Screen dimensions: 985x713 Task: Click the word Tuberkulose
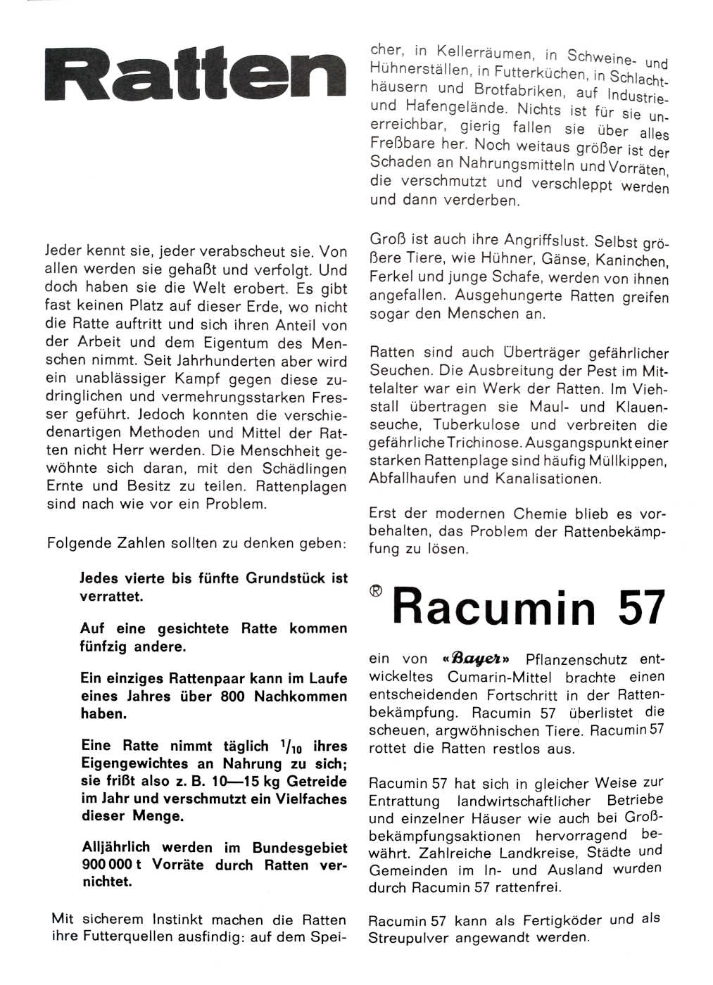[477, 424]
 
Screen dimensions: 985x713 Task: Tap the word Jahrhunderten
[215, 360]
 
